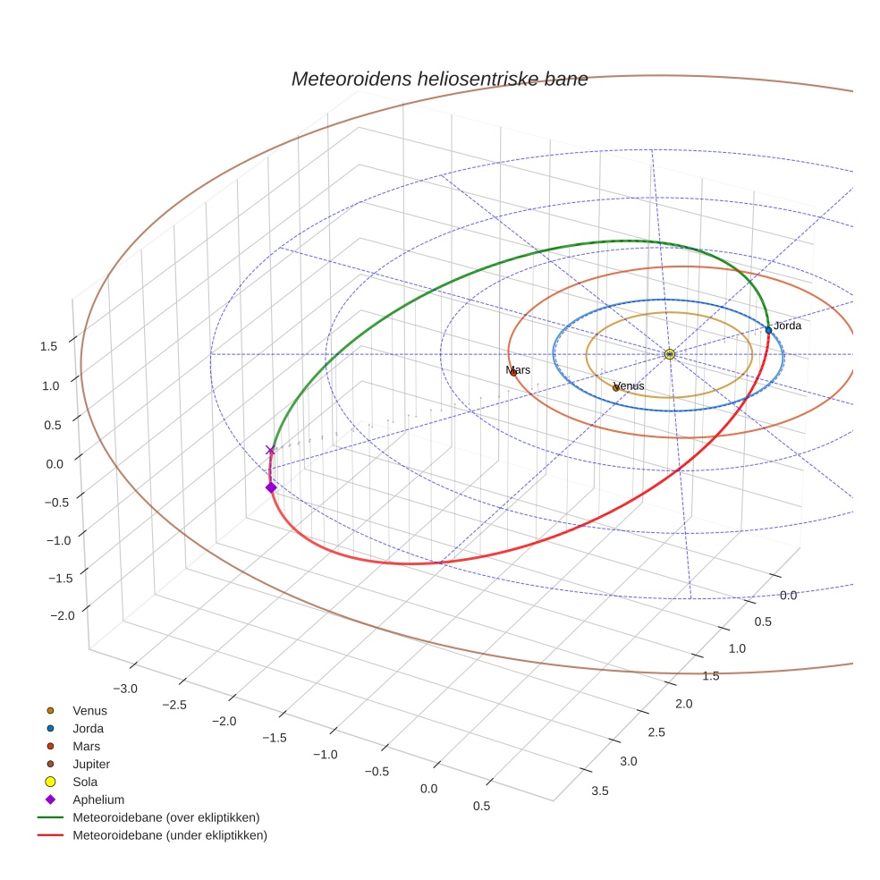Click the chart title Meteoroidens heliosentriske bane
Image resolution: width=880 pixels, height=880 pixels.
tap(439, 79)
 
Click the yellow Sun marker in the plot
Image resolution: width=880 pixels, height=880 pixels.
tap(670, 354)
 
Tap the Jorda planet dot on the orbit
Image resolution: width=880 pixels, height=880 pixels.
tap(768, 330)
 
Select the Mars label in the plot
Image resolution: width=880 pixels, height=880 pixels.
tap(518, 369)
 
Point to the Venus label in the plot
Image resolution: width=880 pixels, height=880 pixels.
tap(629, 385)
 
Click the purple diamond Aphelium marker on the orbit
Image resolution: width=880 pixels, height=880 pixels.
tap(270, 487)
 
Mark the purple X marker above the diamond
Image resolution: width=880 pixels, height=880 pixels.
tap(270, 450)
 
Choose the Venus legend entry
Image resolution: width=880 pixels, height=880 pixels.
tap(89, 710)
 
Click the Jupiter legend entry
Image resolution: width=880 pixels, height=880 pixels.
tap(91, 764)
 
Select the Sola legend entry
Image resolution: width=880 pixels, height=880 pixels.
tap(85, 782)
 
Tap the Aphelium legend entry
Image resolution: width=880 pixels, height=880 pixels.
tap(98, 800)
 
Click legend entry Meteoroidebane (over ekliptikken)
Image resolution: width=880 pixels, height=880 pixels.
tap(165, 817)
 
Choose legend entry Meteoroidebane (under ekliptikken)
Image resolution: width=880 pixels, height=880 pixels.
tap(170, 835)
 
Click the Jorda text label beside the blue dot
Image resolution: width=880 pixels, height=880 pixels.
tap(788, 326)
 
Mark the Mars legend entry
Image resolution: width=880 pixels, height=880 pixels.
tap(86, 746)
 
